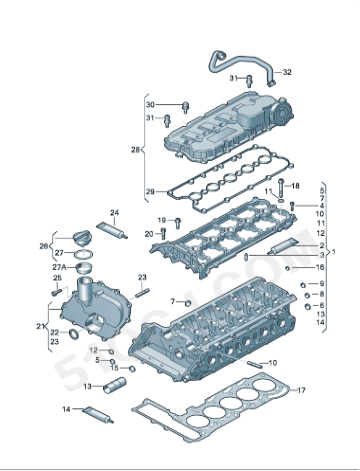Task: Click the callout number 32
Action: point(287,72)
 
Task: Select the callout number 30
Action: point(150,105)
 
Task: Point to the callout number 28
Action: point(135,150)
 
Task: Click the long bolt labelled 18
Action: point(281,188)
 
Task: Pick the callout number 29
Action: point(150,192)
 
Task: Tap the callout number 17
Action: point(301,390)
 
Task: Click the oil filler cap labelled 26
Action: point(81,238)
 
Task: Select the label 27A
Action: point(59,267)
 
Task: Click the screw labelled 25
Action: point(56,293)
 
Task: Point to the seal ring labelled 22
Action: point(74,333)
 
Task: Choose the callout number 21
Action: point(40,326)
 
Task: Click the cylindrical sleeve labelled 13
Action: point(114,385)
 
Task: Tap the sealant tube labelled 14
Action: point(98,414)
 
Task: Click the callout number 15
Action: point(114,368)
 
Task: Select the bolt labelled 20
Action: point(163,233)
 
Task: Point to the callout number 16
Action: point(320,267)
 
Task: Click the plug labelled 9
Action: point(303,285)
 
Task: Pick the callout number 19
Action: point(162,220)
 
